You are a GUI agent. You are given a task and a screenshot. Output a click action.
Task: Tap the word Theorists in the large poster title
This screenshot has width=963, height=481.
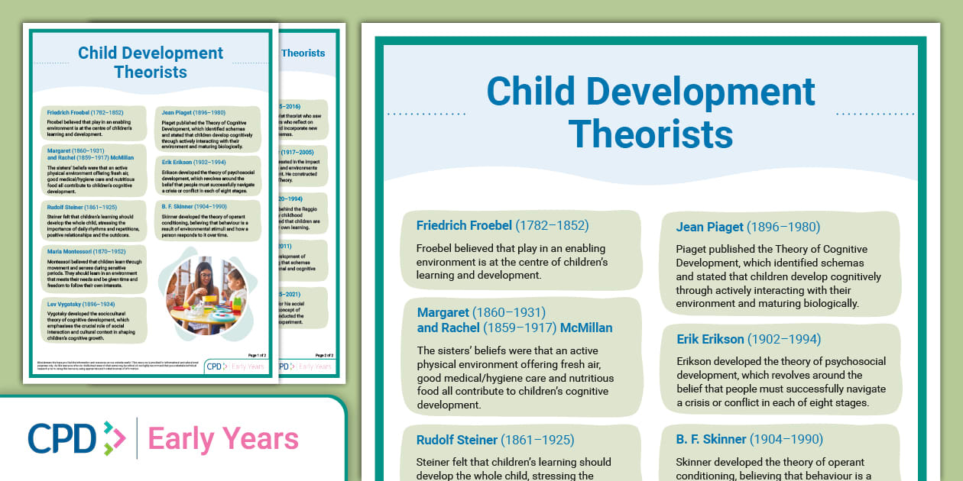click(650, 134)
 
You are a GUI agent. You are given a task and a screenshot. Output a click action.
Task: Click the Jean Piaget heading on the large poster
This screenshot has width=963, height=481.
click(709, 227)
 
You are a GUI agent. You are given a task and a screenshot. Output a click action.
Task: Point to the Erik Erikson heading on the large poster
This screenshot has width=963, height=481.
click(710, 339)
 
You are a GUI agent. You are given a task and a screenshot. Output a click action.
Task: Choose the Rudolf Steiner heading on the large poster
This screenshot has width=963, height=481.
click(456, 440)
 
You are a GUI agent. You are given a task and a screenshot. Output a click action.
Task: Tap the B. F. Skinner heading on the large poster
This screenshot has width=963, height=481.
click(711, 439)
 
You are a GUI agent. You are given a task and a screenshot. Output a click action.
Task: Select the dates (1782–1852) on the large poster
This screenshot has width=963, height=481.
click(552, 225)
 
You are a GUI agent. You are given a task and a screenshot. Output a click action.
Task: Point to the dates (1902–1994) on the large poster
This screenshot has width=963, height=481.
click(784, 339)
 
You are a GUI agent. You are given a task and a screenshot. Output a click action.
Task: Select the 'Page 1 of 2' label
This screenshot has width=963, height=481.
click(257, 355)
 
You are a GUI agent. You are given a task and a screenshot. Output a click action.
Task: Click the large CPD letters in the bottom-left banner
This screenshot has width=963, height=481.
click(62, 438)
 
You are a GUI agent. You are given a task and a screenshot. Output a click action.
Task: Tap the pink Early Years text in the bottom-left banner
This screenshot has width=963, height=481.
click(222, 439)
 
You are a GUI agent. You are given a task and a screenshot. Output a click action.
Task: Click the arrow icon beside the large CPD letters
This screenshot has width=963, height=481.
click(114, 438)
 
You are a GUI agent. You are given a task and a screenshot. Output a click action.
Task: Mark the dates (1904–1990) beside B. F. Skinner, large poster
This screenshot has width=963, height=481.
click(786, 439)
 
